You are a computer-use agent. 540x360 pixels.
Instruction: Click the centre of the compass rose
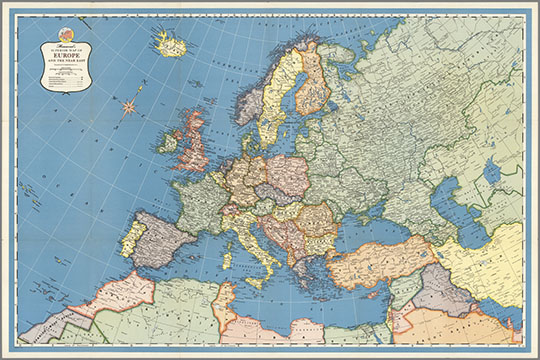(x=128, y=105)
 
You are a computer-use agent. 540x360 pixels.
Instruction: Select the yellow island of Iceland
(x=171, y=45)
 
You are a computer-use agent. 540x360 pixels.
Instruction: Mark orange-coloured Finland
(x=312, y=80)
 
